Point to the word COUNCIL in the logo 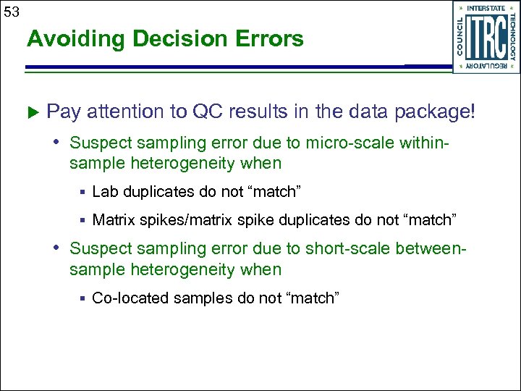click(x=461, y=37)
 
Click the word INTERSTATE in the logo click(x=486, y=8)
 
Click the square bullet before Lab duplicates click(x=83, y=193)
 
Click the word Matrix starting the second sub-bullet click(x=111, y=219)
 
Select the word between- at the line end click(x=431, y=248)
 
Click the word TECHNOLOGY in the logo click(x=512, y=37)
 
